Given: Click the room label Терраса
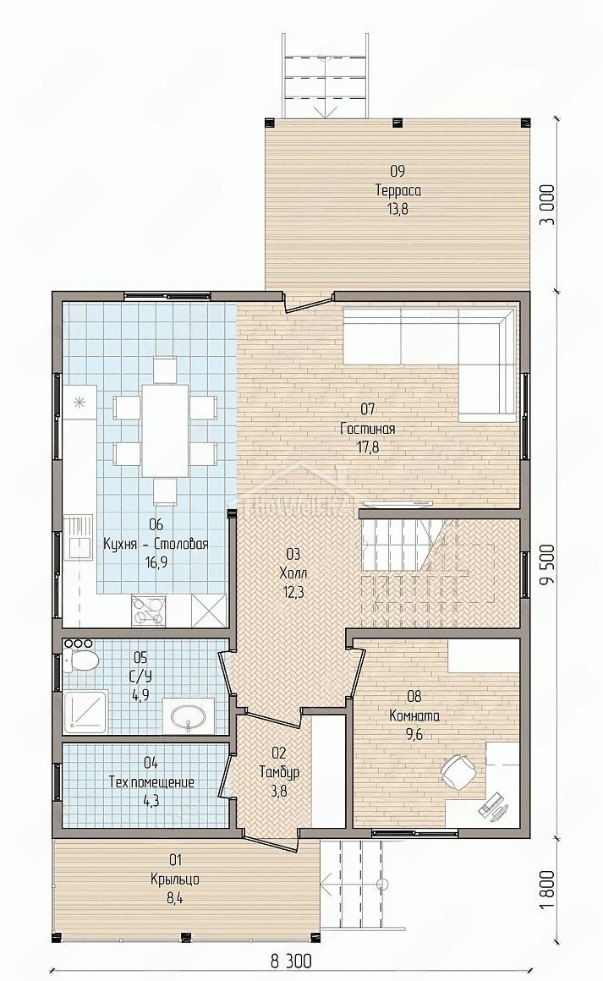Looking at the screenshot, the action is click(397, 190).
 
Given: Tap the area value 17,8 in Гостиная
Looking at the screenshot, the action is click(368, 447).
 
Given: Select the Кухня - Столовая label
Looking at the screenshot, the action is click(156, 544).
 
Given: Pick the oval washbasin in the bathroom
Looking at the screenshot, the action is click(189, 715).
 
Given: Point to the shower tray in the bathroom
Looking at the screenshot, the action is click(85, 711).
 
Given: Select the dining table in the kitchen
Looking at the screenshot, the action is click(165, 430).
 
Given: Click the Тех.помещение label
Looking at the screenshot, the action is click(151, 782).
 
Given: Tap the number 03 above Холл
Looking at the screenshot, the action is click(293, 554).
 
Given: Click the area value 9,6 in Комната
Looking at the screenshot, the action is click(414, 735).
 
